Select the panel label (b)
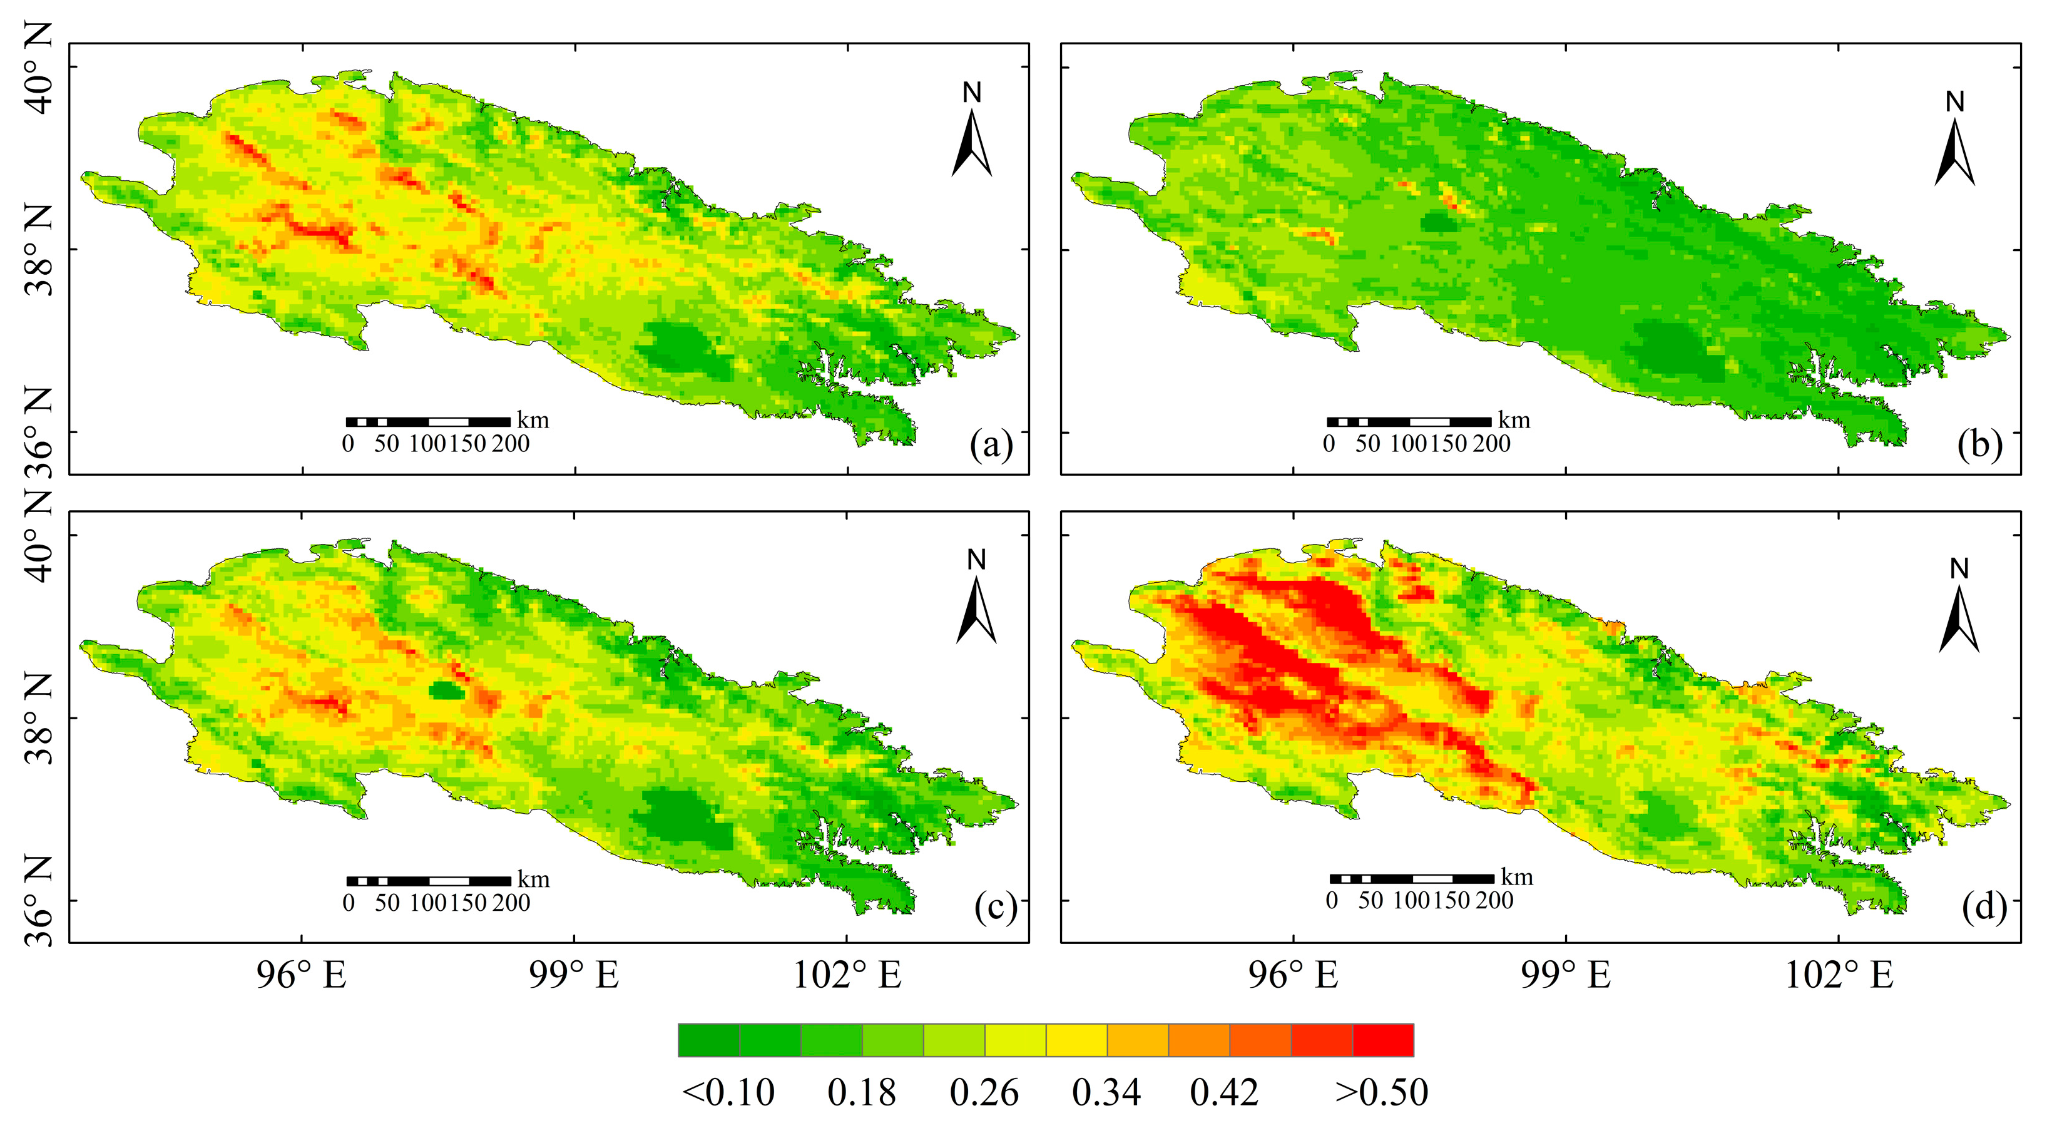tap(1979, 444)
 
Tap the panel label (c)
tap(995, 908)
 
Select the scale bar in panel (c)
tap(429, 881)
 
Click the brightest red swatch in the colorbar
tap(1383, 1040)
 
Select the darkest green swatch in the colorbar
tap(709, 1040)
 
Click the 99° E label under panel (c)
tap(573, 975)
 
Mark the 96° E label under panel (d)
tap(1293, 975)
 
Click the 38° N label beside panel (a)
tap(38, 249)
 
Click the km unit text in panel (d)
tap(1516, 877)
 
